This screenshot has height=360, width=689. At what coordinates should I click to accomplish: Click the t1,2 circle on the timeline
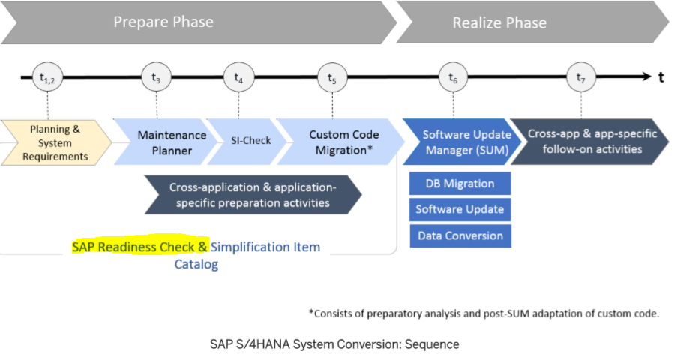pyautogui.click(x=46, y=76)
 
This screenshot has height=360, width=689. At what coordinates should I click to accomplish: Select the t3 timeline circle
pyautogui.click(x=156, y=76)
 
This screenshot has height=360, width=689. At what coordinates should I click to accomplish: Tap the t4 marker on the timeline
pyautogui.click(x=238, y=76)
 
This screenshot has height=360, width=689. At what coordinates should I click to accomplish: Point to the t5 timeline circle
pyautogui.click(x=332, y=76)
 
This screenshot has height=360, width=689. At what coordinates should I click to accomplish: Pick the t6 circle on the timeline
pyautogui.click(x=453, y=76)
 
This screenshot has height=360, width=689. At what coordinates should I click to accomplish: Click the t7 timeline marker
pyautogui.click(x=580, y=76)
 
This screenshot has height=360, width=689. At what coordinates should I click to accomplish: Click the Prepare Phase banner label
pyautogui.click(x=163, y=22)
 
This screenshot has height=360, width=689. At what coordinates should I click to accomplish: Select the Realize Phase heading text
pyautogui.click(x=499, y=23)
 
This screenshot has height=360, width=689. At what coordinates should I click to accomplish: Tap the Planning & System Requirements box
pyautogui.click(x=55, y=142)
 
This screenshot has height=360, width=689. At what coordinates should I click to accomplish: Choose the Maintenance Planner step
pyautogui.click(x=172, y=142)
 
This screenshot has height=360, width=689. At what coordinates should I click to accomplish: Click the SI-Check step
pyautogui.click(x=251, y=141)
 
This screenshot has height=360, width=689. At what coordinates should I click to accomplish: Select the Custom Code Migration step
pyautogui.click(x=343, y=142)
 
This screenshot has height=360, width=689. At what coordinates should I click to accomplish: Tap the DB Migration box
pyautogui.click(x=460, y=184)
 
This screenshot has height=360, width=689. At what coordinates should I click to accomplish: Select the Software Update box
pyautogui.click(x=460, y=209)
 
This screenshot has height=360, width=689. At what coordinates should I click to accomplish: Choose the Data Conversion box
pyautogui.click(x=460, y=235)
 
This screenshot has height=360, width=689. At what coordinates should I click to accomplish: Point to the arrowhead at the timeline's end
pyautogui.click(x=647, y=76)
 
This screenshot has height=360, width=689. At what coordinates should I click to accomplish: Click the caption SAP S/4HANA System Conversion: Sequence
pyautogui.click(x=334, y=344)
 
